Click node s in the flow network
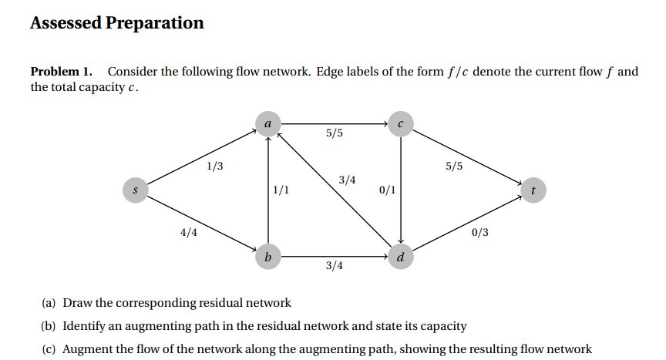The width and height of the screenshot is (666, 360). (x=135, y=189)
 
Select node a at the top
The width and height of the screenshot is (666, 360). (x=267, y=123)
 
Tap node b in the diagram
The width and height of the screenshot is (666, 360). (x=267, y=256)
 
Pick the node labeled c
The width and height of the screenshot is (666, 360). (x=401, y=123)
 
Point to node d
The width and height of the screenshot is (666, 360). (x=401, y=256)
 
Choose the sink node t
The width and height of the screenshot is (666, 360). (x=533, y=189)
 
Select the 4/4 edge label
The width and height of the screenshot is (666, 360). (x=188, y=231)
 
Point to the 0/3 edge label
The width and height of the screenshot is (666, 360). (x=480, y=231)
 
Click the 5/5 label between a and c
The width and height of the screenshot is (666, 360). (x=335, y=133)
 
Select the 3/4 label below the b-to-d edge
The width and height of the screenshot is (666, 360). (x=335, y=266)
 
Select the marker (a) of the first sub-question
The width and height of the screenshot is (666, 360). (x=50, y=303)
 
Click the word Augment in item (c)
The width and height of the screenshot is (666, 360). (x=85, y=349)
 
